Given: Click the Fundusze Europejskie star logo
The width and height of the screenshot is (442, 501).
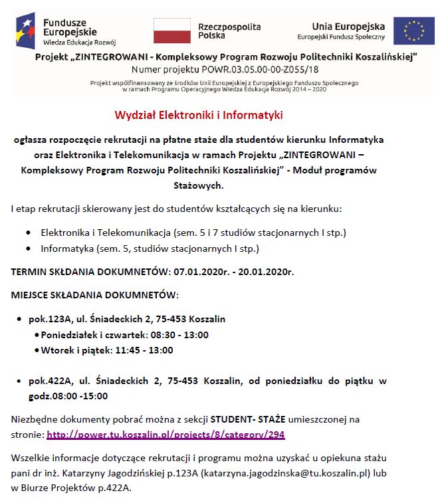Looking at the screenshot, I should point(27,29).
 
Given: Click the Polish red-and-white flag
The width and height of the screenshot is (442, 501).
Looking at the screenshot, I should point(172,31).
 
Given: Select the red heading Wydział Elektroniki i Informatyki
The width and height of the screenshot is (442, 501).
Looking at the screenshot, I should point(199,115).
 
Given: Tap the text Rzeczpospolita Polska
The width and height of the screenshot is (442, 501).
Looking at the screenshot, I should point(230,31).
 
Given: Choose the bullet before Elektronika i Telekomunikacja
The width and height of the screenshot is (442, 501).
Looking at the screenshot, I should point(28,234).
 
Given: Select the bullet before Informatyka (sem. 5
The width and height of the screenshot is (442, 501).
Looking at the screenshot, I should point(28,249).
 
